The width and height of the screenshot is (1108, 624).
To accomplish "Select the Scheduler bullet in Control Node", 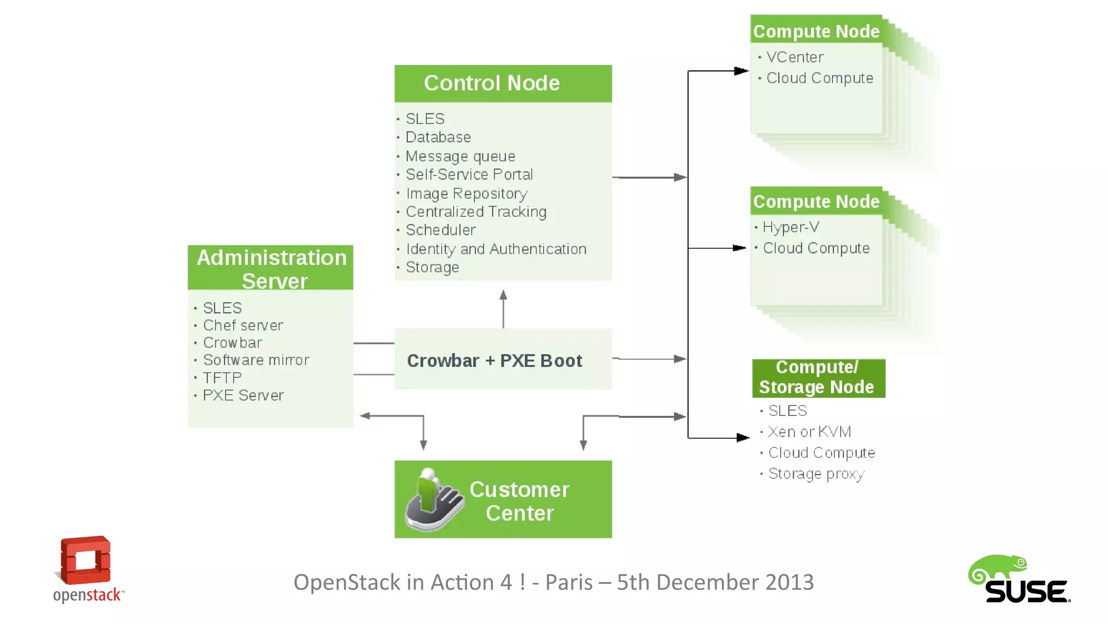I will click(x=440, y=230).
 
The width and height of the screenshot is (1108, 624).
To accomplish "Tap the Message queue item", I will click(x=460, y=157).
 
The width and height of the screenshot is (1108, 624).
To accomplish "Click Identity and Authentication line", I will click(x=496, y=249).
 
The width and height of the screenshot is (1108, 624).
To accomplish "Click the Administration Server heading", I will click(x=271, y=268).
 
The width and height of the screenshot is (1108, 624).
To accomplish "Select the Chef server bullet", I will click(x=243, y=326).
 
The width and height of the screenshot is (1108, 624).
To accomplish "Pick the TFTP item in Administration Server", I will click(x=222, y=378).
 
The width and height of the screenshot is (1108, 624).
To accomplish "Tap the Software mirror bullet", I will click(x=256, y=360).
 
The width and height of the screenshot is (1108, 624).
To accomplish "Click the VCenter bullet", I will click(x=794, y=57).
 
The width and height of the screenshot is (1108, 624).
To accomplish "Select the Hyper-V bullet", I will click(x=790, y=227).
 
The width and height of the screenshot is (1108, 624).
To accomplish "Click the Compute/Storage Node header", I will click(x=817, y=378).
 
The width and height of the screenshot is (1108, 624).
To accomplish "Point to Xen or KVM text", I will click(x=809, y=432).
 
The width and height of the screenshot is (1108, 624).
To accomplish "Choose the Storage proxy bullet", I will click(x=816, y=474).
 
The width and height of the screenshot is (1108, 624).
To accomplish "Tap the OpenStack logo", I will click(x=87, y=569).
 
